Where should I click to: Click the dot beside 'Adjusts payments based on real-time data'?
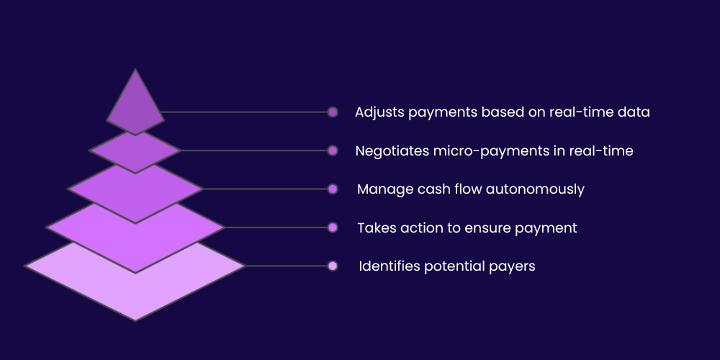tap(333, 112)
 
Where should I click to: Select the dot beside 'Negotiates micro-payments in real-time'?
tap(333, 150)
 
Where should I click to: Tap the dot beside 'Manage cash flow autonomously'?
tap(333, 189)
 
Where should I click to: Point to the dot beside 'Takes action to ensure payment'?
tap(333, 228)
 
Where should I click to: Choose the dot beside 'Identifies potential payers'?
tap(333, 266)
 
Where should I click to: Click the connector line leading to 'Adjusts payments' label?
tap(245, 112)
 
